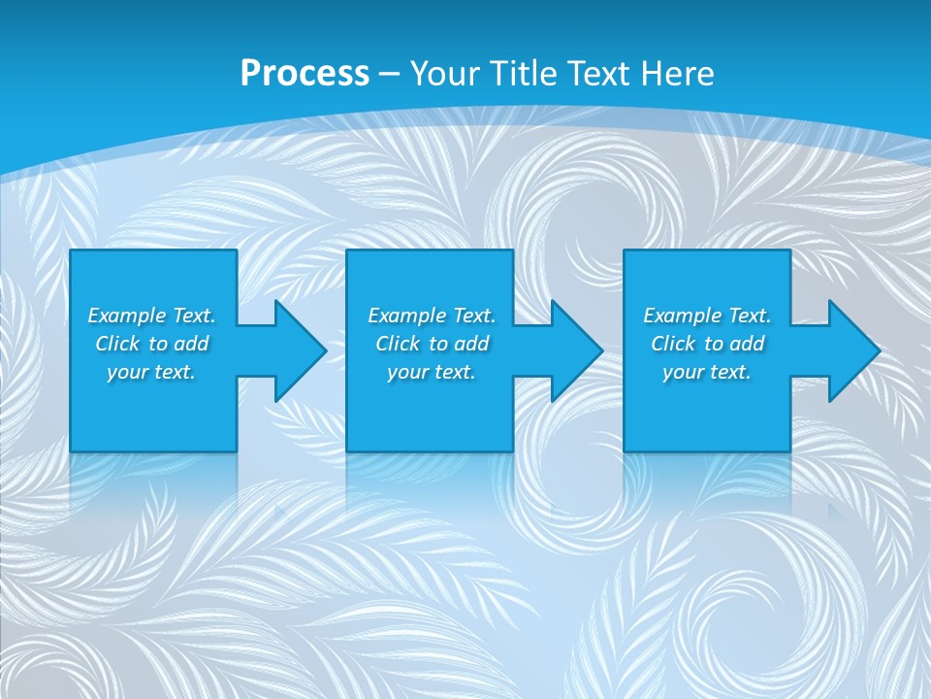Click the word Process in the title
[305, 74]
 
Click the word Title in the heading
[523, 74]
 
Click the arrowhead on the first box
[300, 350]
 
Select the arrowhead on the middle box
[576, 350]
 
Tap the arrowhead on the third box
[853, 350]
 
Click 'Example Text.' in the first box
[151, 316]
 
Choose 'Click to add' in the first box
[151, 344]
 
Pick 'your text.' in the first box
[151, 372]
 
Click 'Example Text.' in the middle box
[432, 316]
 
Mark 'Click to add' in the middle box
[432, 344]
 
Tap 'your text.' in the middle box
[432, 372]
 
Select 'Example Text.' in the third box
[707, 316]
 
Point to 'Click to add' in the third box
[707, 344]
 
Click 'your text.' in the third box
[707, 372]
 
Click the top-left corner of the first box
[72, 251]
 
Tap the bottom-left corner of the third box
[626, 449]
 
